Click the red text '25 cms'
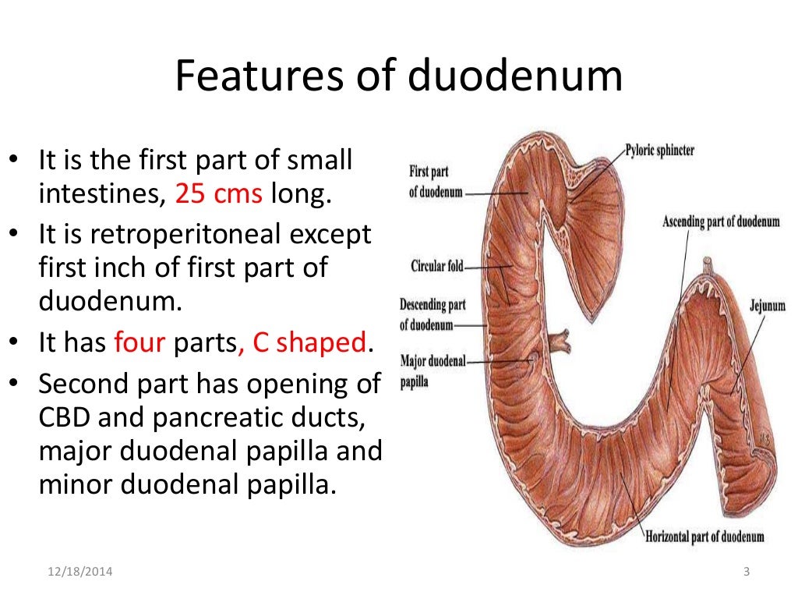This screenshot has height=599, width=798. [218, 193]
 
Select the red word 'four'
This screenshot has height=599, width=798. [139, 342]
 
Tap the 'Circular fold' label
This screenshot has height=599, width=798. [436, 268]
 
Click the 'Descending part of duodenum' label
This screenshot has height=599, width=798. [432, 314]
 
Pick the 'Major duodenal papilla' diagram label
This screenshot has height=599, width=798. [432, 371]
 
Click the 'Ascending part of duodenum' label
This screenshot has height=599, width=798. [720, 222]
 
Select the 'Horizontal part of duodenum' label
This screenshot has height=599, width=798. [704, 537]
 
